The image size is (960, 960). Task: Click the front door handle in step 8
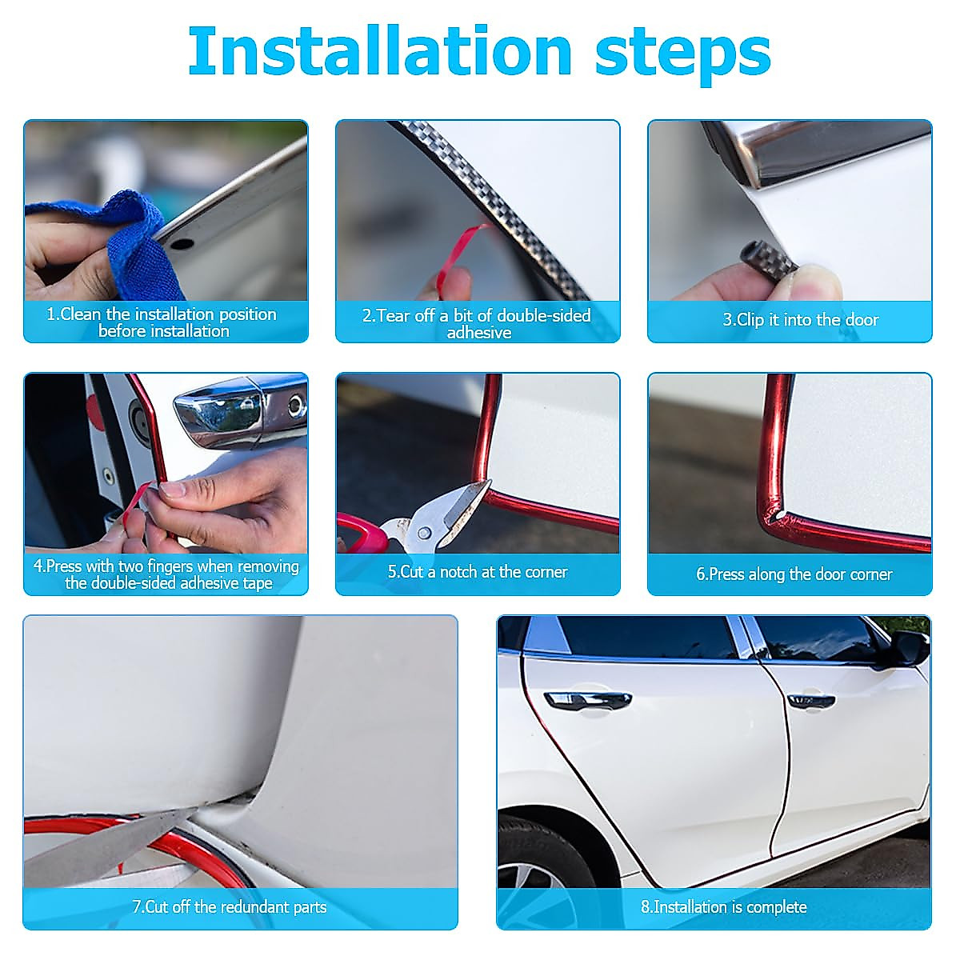click(811, 701)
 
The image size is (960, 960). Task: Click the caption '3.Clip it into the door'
click(800, 320)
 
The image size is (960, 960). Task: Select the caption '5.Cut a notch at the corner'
click(478, 572)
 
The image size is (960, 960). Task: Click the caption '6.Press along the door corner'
click(794, 574)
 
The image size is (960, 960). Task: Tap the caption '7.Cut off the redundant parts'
click(229, 906)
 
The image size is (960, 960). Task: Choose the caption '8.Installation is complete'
click(723, 906)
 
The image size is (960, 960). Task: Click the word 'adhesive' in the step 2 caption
click(478, 333)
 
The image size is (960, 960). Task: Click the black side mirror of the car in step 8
click(909, 643)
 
